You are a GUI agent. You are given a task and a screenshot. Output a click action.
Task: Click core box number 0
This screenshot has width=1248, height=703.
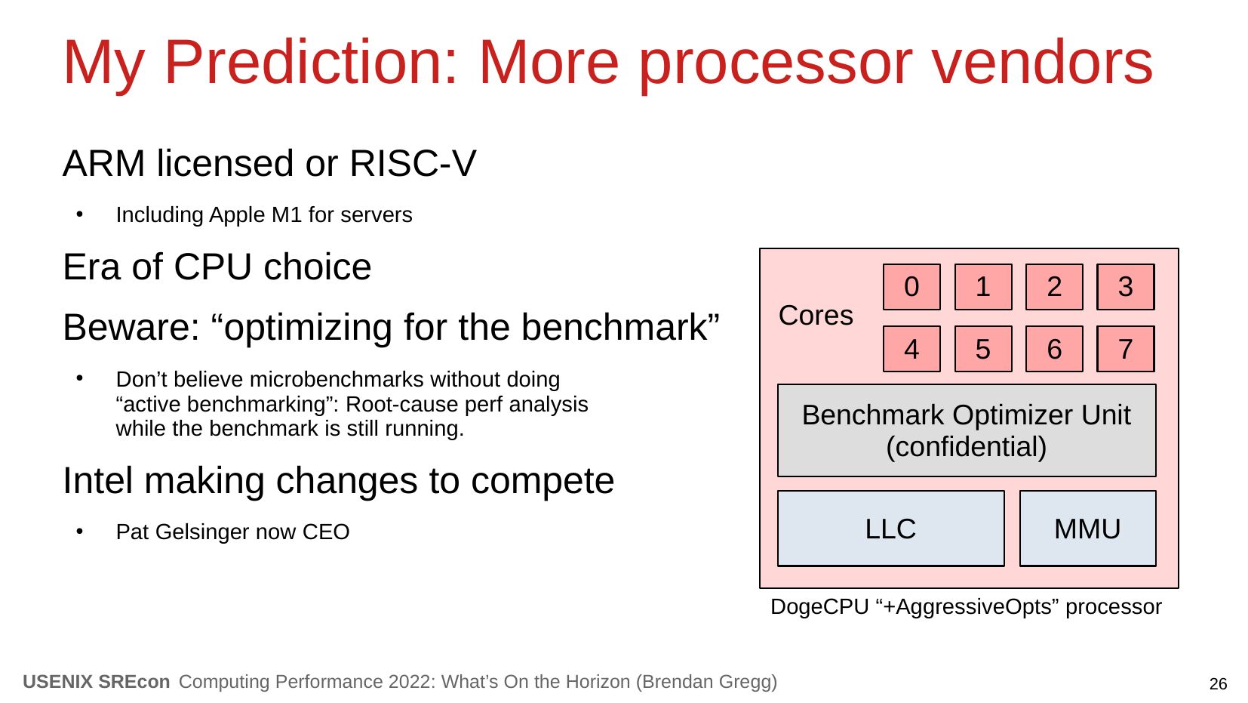(x=911, y=287)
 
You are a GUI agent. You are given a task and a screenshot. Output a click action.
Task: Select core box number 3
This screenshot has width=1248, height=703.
(x=1126, y=287)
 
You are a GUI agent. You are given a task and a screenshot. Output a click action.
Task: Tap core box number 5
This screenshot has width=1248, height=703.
(x=983, y=349)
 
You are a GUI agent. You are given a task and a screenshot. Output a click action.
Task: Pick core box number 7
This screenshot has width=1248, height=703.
(x=1126, y=349)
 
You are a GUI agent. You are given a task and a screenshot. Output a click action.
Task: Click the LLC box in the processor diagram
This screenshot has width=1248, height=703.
(x=891, y=529)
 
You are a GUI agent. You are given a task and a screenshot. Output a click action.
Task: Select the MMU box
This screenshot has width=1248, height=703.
(x=1087, y=529)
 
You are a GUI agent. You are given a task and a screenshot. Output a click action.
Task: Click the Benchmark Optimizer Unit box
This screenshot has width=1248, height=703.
(x=967, y=430)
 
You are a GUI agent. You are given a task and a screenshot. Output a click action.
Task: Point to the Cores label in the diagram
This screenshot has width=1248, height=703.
(x=816, y=316)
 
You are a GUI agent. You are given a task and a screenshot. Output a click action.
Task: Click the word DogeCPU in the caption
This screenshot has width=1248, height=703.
(x=819, y=606)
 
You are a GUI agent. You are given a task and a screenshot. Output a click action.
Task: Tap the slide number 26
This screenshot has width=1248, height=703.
(x=1218, y=684)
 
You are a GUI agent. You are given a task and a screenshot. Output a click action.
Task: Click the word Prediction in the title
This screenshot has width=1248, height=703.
(x=310, y=62)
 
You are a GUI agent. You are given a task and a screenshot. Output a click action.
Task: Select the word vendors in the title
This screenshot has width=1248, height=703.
(x=1043, y=62)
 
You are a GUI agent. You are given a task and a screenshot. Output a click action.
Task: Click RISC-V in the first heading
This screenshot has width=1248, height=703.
(x=413, y=163)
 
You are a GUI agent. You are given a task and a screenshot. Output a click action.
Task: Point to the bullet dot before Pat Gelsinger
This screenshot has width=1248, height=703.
(x=80, y=532)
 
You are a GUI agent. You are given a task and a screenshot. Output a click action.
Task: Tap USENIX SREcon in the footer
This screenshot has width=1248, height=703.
(x=97, y=682)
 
